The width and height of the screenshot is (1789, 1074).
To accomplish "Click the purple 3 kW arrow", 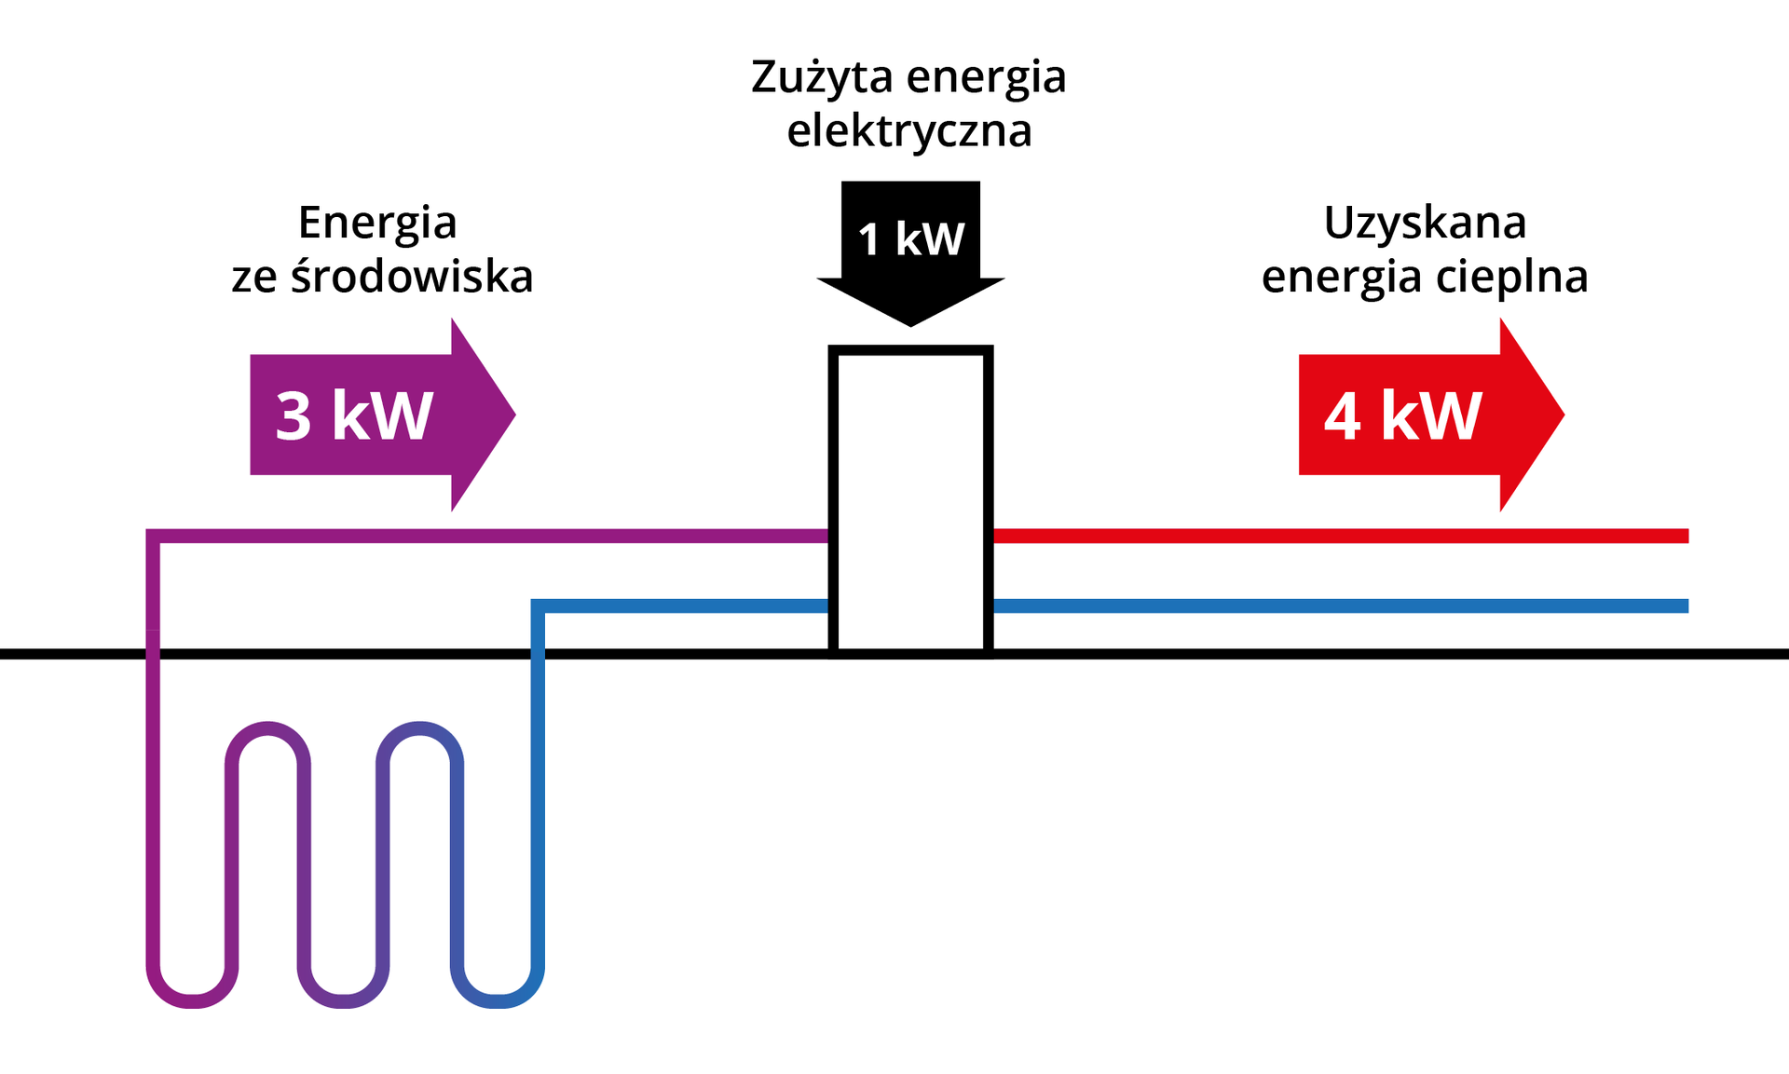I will coord(373,415).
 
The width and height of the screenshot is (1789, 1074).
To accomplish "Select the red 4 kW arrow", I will coord(1416,415).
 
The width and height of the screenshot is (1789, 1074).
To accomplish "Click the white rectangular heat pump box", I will coord(910,503).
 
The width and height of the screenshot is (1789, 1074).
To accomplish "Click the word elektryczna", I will coord(909,130).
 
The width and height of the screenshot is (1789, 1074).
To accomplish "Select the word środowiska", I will coord(412,277).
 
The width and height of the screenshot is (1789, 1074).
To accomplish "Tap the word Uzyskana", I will coord(1425,223).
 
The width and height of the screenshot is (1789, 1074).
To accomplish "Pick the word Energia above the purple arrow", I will coord(377,223).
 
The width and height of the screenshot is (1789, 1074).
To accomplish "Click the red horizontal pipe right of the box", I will coord(1342,536).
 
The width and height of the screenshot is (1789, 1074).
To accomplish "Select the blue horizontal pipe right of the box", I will coord(1342,606).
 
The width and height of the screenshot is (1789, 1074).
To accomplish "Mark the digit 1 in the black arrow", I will coord(868,239).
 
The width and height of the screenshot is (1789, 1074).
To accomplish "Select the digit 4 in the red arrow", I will coord(1343,415).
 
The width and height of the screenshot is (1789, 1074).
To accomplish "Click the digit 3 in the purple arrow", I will coord(294,415).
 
